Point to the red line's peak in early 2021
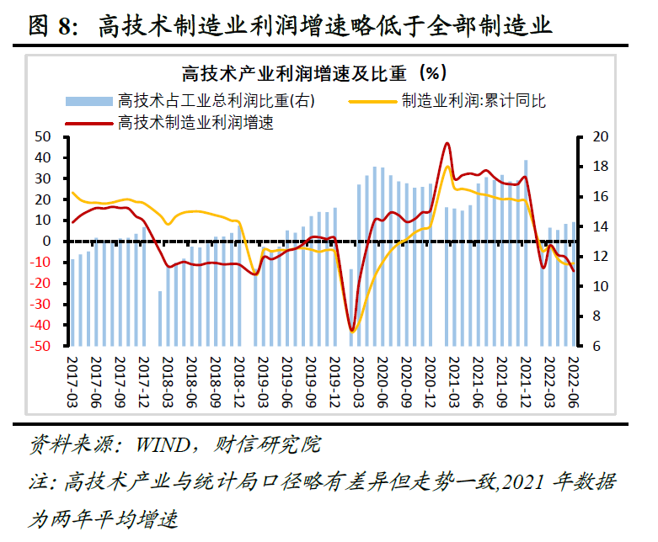point(447,143)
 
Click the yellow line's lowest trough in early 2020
point(353,332)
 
